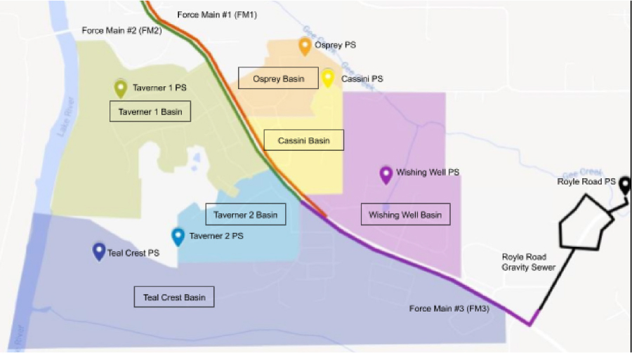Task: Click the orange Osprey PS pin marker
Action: [305, 46]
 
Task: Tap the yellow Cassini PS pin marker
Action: [328, 77]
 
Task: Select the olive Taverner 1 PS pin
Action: [121, 88]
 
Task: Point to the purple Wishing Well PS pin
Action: [386, 174]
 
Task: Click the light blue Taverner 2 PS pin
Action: [178, 237]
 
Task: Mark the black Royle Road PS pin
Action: [625, 184]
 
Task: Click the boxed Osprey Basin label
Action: [278, 79]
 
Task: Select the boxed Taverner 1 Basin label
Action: [150, 112]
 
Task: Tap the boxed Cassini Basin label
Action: [303, 140]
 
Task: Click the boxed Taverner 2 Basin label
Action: [245, 215]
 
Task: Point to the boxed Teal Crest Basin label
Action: [174, 298]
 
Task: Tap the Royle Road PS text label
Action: [586, 182]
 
